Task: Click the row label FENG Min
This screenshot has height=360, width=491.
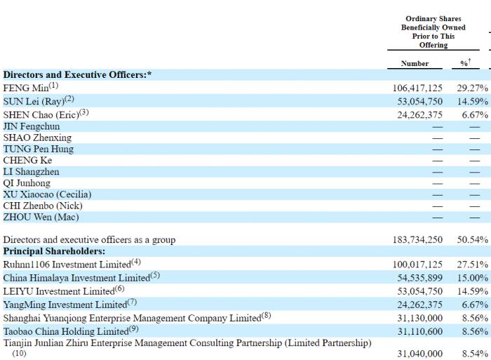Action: pos(27,88)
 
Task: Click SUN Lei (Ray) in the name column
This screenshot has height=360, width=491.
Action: pos(34,101)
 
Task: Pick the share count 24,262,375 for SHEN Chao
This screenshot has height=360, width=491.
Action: pos(419,114)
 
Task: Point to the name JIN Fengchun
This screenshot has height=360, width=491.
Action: pos(32,126)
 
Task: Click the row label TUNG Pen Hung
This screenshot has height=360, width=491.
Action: pos(38,149)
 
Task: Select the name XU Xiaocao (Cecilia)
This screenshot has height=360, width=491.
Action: pos(47,194)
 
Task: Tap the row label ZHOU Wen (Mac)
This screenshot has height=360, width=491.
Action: pos(36,217)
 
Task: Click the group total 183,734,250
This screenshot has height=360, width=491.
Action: pos(417,240)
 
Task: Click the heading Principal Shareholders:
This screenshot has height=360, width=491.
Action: pos(54,251)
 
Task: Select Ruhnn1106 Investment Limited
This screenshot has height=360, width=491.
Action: pos(67,265)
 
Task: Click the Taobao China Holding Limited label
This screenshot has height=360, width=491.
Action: pos(66,331)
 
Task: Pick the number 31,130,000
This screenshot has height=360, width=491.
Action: pos(419,317)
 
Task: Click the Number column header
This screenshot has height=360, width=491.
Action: pos(415,63)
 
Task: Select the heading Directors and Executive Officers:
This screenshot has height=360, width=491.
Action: pos(78,75)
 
